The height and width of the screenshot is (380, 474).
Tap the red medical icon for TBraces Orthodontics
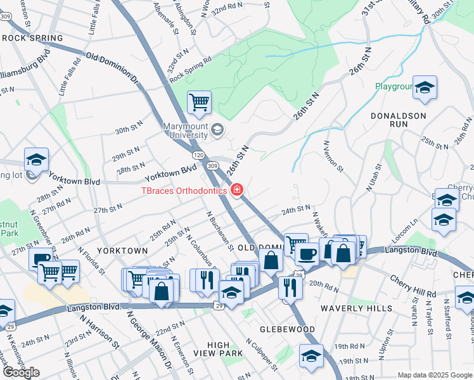[237, 189]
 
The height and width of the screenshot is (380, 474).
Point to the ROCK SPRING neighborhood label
[32, 38]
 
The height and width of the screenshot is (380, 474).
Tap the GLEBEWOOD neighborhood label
[288, 329]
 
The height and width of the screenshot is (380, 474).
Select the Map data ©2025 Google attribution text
[435, 375]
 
